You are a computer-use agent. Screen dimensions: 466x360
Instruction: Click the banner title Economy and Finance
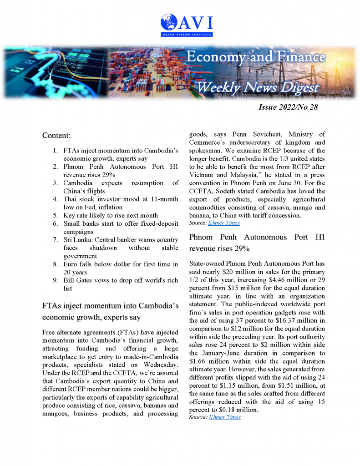256,57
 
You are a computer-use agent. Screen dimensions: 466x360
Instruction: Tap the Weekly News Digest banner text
257,87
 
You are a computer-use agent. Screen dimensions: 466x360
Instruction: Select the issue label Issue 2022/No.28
288,108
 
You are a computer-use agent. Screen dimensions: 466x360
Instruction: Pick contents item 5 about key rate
111,215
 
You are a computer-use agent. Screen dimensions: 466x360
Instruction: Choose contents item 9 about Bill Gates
121,280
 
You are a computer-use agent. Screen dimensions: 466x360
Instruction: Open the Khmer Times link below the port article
224,417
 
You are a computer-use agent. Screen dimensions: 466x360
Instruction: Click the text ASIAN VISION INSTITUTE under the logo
187,34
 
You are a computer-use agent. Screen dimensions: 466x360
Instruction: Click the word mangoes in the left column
56,413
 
